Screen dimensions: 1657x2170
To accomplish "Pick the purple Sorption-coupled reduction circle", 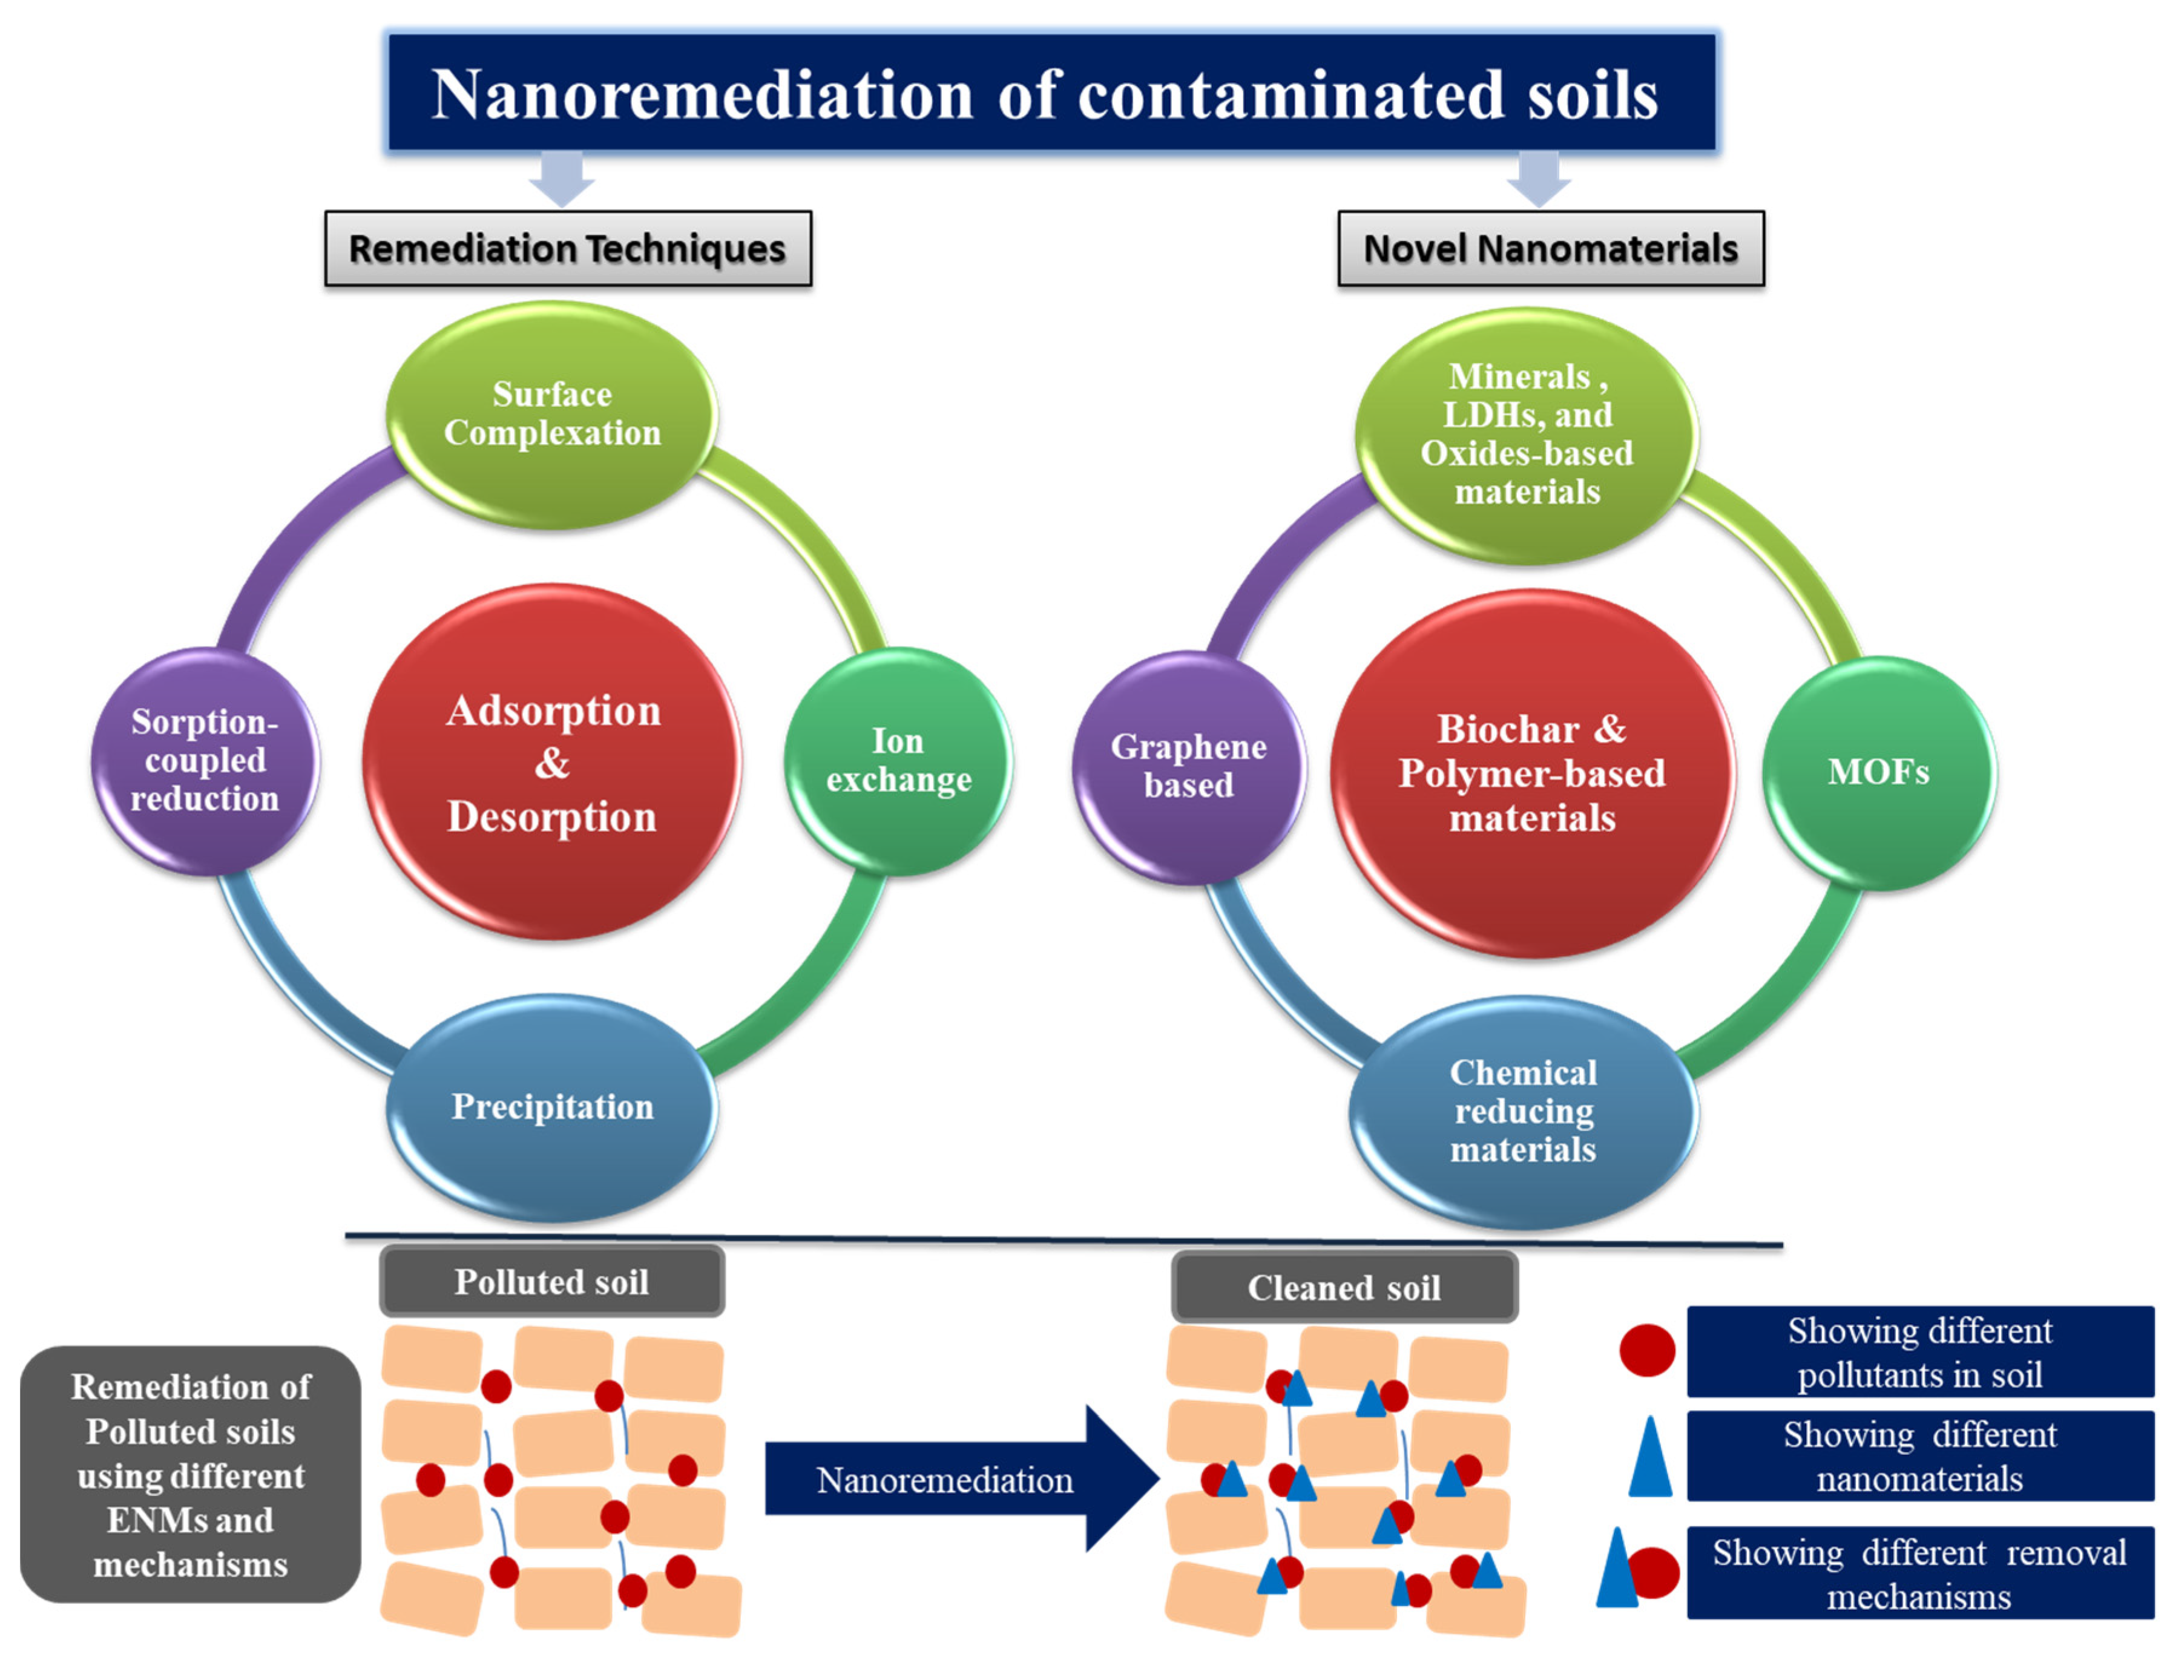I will (205, 761).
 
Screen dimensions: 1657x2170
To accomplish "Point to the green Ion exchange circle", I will (898, 761).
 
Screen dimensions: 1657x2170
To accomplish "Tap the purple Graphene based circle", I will (1189, 766).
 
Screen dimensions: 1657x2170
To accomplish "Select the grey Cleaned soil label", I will (1343, 1287).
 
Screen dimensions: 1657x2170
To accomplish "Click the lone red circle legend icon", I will (1646, 1350).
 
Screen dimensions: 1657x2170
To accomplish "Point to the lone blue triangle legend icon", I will (1649, 1458).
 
